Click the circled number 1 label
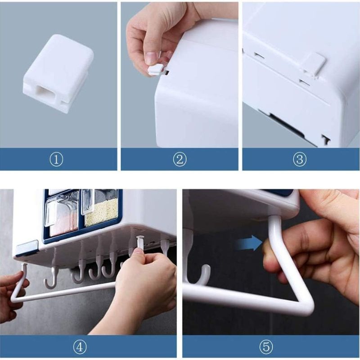tap(56, 159)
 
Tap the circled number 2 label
tap(180, 159)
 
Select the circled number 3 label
tap(300, 159)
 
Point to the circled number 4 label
tap(80, 347)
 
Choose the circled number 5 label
tap(266, 347)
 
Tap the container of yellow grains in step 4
tap(101, 207)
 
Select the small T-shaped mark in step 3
tap(326, 139)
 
